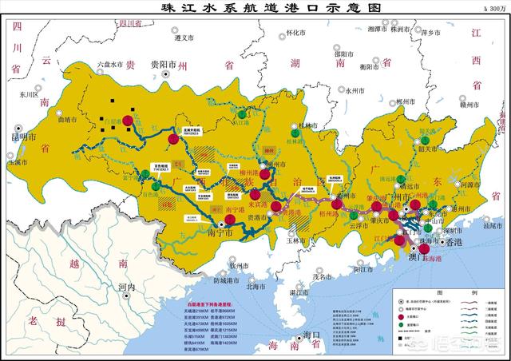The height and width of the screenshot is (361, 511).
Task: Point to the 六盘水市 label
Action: click(111, 63)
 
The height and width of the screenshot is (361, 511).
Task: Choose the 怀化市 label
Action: click(295, 33)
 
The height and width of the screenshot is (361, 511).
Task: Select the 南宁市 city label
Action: click(220, 234)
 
